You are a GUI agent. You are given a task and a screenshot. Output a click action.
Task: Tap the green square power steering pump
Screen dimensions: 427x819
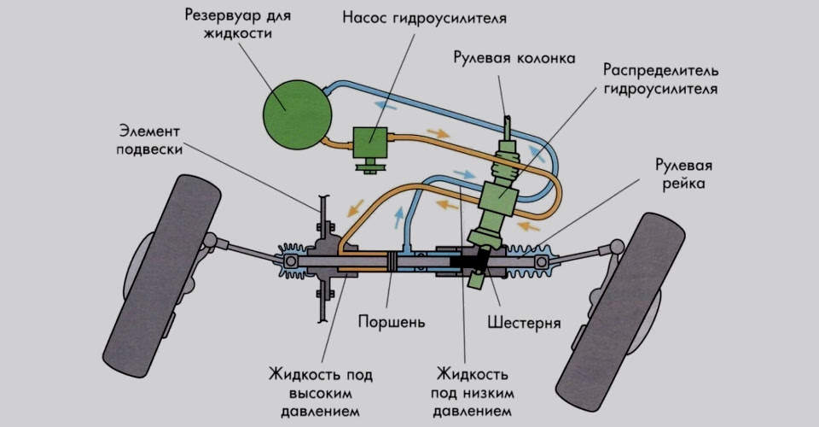pos(369,142)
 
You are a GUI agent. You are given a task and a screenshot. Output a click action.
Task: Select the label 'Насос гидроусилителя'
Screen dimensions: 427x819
pos(414,17)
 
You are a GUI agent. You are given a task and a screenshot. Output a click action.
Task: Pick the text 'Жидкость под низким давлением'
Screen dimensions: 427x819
pos(473,393)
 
